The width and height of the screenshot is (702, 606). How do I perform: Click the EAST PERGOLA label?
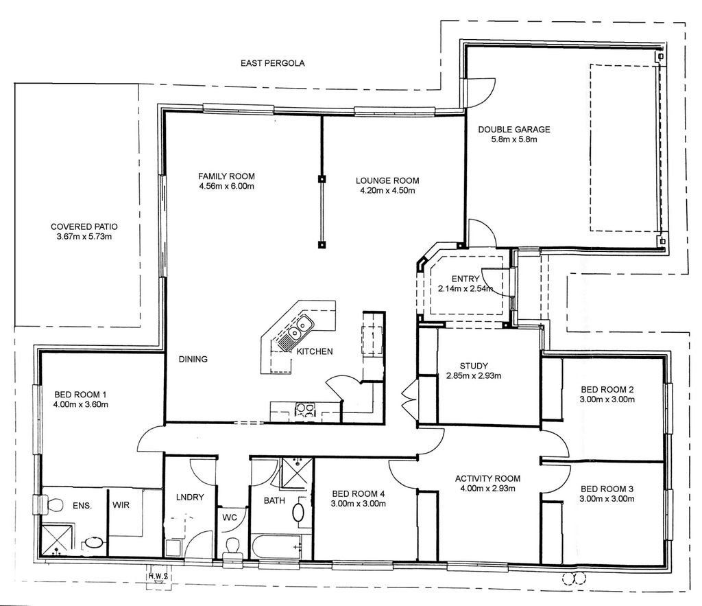point(273,63)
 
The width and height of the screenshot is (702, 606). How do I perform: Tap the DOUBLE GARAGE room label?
point(514,130)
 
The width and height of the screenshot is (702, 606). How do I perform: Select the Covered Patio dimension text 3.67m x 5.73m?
point(84,237)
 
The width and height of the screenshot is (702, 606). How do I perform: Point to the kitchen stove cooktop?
point(305,410)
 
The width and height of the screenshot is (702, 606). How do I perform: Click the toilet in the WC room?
point(232,548)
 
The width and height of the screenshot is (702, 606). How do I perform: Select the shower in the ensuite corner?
point(56,540)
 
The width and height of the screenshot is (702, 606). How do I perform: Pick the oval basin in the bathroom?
point(298,512)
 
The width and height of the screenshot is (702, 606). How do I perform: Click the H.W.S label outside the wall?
point(158,576)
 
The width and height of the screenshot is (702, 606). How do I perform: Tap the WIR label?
point(121,505)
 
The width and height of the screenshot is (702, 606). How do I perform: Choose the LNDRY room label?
point(190,497)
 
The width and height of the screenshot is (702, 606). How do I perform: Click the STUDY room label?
point(474,366)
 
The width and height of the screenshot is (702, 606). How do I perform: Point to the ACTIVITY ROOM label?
point(487,479)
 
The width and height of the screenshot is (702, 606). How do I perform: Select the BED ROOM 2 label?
point(607,390)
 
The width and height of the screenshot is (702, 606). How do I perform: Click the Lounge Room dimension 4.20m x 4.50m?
point(388,191)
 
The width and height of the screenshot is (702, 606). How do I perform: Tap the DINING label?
point(193,359)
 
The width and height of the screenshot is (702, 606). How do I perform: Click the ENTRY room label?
point(465,279)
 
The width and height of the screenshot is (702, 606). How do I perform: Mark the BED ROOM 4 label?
point(358,494)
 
